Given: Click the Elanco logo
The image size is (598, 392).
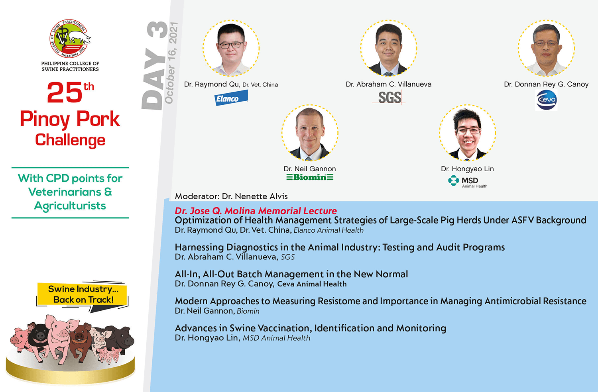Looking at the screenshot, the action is [231, 98].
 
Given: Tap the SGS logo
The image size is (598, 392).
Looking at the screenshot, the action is [389, 97].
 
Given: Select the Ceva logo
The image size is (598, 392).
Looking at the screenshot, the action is [546, 100].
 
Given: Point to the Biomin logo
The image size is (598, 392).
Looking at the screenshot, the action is [310, 177].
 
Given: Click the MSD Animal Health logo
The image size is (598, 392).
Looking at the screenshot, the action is [468, 181].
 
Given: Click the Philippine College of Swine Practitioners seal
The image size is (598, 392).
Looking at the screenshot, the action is [70, 38].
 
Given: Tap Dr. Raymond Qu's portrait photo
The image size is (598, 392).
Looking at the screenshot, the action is [231, 48].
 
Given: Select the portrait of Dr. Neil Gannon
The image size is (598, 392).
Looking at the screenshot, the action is [310, 133].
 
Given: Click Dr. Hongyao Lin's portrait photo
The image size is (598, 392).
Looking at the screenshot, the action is [468, 133].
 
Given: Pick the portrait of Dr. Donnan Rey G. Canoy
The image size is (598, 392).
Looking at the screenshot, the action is [546, 48].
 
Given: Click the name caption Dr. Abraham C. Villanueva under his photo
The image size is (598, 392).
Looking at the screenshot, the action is [388, 84].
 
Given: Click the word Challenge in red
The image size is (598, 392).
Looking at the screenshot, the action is [70, 140].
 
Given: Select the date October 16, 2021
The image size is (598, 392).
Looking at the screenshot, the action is [171, 63].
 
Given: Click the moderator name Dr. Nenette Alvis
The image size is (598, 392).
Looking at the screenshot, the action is [255, 196].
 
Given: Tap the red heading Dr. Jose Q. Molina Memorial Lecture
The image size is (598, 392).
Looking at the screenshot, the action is [256, 211].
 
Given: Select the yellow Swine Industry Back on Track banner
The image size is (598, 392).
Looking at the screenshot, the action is [82, 294].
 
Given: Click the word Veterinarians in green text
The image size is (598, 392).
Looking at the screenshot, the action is [65, 192].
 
